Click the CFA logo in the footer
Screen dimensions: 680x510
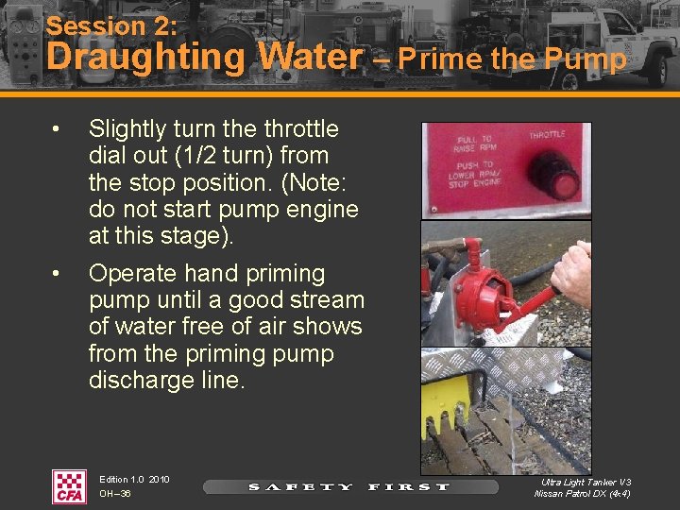pyautogui.click(x=69, y=486)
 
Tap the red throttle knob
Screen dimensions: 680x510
pyautogui.click(x=554, y=176)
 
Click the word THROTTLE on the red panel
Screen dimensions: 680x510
pyautogui.click(x=547, y=135)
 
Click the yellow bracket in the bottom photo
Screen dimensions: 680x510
pyautogui.click(x=445, y=403)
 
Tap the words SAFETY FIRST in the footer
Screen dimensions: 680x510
pyautogui.click(x=349, y=487)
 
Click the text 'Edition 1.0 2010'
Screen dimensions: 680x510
pyautogui.click(x=134, y=480)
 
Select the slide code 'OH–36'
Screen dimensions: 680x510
pyautogui.click(x=115, y=494)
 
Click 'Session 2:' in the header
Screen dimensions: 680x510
pyautogui.click(x=111, y=25)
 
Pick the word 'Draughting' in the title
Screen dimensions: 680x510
pyautogui.click(x=146, y=58)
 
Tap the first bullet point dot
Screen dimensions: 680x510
pyautogui.click(x=56, y=128)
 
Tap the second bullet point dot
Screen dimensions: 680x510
pyautogui.click(x=56, y=274)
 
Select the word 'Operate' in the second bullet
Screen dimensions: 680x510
pyautogui.click(x=133, y=275)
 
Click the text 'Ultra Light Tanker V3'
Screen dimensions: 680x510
pyautogui.click(x=586, y=482)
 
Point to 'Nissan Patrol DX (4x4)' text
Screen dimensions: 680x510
pyautogui.click(x=583, y=494)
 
